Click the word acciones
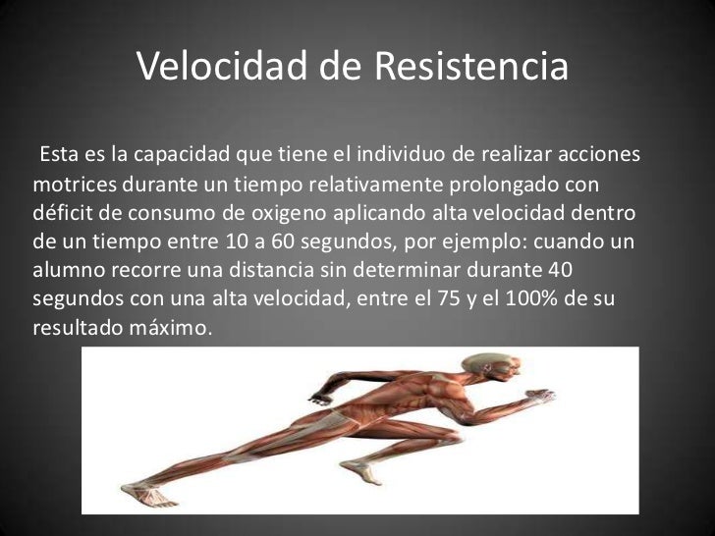[x=600, y=156]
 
